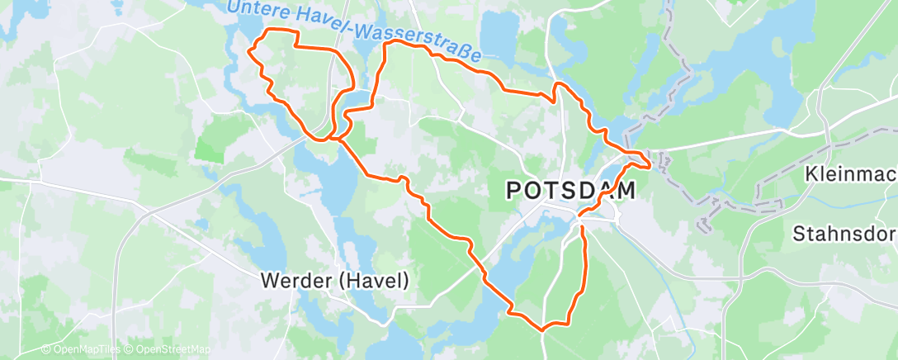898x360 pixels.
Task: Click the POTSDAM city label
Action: click(570, 191)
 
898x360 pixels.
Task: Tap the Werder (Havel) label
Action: click(334, 281)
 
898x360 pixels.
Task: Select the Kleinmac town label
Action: click(851, 175)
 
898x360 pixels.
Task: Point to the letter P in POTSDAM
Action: click(513, 191)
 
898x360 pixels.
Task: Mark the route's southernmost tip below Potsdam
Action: click(542, 329)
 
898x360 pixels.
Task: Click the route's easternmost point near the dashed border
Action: click(650, 165)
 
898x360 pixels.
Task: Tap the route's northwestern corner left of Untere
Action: click(250, 51)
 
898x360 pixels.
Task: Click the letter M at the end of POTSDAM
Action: click(625, 191)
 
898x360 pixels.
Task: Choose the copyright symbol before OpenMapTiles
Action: click(45, 350)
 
